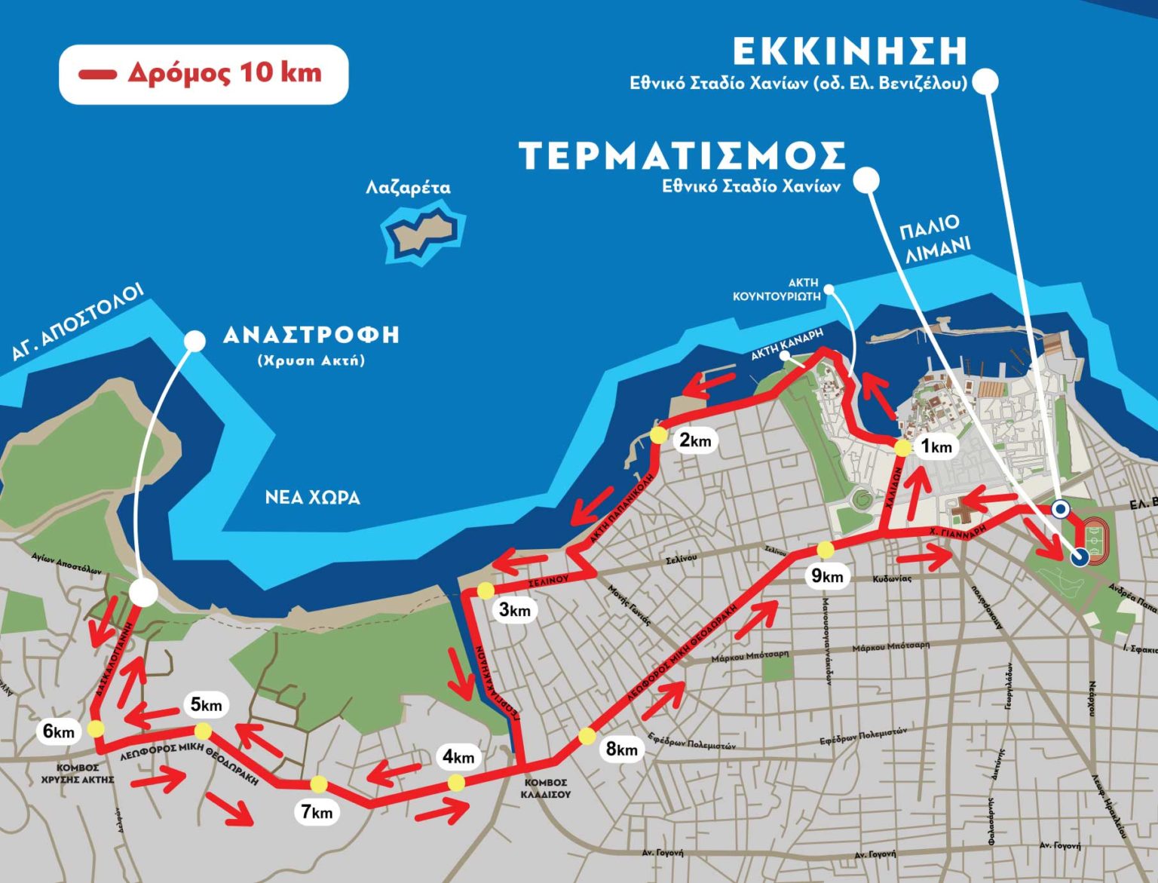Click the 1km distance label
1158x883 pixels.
pyautogui.click(x=936, y=447)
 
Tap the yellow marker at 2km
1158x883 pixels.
pyautogui.click(x=659, y=436)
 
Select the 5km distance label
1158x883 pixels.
pyautogui.click(x=206, y=705)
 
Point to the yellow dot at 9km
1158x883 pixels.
pyautogui.click(x=826, y=550)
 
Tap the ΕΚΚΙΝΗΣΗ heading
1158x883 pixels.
pyautogui.click(x=850, y=51)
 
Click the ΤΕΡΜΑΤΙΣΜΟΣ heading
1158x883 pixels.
pyautogui.click(x=683, y=156)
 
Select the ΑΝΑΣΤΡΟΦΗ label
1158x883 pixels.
pyautogui.click(x=311, y=335)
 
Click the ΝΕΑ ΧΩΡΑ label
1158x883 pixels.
pyautogui.click(x=312, y=498)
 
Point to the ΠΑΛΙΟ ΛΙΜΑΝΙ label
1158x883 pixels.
pyautogui.click(x=933, y=237)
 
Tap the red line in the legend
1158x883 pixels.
pyautogui.click(x=97, y=74)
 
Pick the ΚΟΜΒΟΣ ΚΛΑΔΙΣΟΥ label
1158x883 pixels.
pyautogui.click(x=547, y=788)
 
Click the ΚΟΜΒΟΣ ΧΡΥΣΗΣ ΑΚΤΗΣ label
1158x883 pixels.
pyautogui.click(x=78, y=773)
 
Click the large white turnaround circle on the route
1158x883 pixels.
pyautogui.click(x=142, y=593)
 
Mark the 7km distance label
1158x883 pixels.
pyautogui.click(x=317, y=812)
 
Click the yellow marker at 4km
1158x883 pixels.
pyautogui.click(x=456, y=783)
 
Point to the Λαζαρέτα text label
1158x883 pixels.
pyautogui.click(x=408, y=187)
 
